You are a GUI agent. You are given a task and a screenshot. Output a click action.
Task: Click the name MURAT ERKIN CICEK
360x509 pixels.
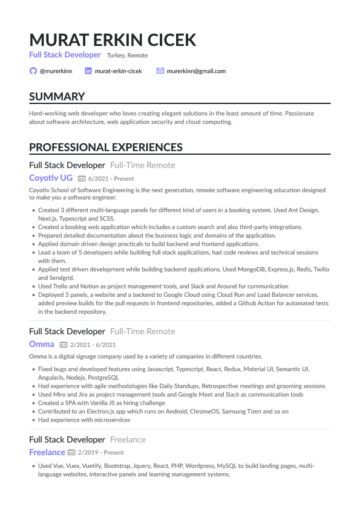point(113,40)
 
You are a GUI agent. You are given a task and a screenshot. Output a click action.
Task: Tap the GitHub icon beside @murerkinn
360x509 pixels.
point(33,71)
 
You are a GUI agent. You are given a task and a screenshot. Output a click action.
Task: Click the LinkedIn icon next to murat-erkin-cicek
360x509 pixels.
point(88,71)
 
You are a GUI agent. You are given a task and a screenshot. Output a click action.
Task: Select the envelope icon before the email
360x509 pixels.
point(160,71)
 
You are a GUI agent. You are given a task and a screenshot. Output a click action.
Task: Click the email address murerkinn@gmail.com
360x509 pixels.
point(197,71)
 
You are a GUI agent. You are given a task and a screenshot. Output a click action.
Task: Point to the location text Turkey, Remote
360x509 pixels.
point(127,55)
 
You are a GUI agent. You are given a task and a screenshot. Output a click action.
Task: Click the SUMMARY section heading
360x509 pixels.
point(57,97)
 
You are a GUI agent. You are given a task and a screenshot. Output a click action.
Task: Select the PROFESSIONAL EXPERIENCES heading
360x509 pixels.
point(106,147)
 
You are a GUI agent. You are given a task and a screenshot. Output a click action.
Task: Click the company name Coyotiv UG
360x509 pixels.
point(51,178)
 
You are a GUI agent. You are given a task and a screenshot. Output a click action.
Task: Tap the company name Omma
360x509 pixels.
point(42,344)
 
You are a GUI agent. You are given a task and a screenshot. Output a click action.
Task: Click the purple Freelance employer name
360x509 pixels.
point(47,452)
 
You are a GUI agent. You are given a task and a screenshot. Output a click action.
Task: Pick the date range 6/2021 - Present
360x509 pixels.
point(111,179)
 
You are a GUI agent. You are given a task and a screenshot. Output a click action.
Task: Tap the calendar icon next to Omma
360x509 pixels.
point(63,345)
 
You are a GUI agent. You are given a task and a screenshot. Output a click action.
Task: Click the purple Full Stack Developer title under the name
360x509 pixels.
point(65,55)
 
